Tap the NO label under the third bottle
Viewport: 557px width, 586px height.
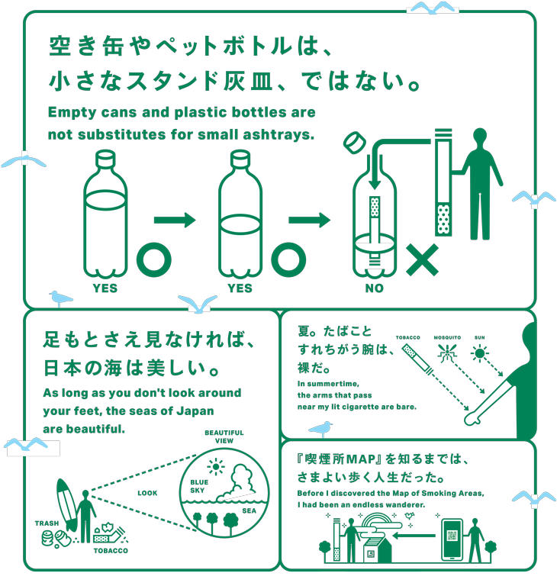click(x=374, y=288)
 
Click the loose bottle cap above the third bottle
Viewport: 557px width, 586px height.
click(x=354, y=143)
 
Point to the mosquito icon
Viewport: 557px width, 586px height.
click(x=449, y=353)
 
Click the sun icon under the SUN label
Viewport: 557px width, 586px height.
click(x=480, y=353)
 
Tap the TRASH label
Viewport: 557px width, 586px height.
click(x=47, y=523)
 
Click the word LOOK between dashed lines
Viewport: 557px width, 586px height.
click(x=147, y=493)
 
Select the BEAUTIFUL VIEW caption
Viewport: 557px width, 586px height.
click(x=224, y=436)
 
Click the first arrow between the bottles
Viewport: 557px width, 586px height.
click(x=175, y=221)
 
